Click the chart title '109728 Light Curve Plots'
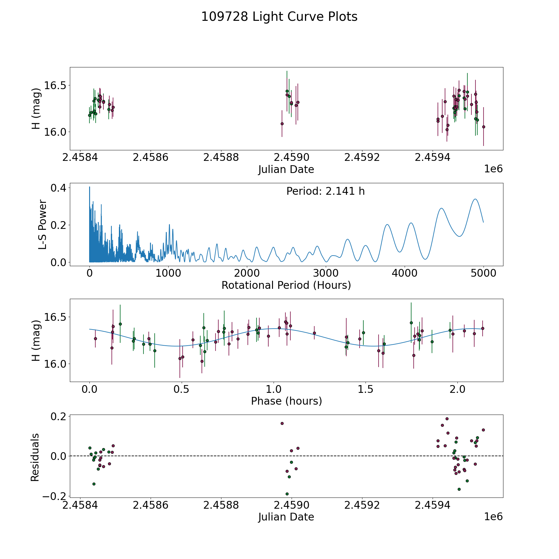point(279,17)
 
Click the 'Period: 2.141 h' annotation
point(325,191)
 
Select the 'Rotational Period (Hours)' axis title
point(286,285)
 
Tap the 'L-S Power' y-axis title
point(43,225)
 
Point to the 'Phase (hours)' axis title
point(286,401)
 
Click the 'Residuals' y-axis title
point(35,457)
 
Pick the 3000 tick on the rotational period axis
point(326,273)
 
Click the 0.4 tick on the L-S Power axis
point(59,188)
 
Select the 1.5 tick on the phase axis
point(365,389)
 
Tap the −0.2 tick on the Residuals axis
point(53,496)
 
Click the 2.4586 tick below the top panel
point(150,157)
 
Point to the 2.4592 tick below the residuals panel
point(362,505)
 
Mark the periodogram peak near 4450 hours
point(441,208)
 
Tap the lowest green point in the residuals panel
point(287,494)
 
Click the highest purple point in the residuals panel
point(447,419)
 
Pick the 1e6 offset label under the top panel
point(493,169)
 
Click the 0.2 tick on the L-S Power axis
point(59,225)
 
